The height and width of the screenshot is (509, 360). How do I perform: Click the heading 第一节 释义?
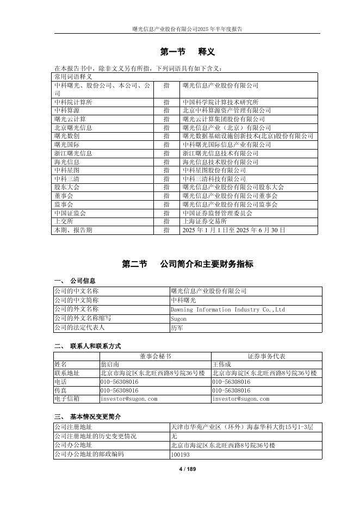[x=188, y=52]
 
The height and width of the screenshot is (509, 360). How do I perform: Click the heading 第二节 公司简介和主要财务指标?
[x=188, y=264]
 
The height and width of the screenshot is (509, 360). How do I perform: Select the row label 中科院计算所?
[x=73, y=102]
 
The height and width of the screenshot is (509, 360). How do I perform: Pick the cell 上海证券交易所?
[x=205, y=221]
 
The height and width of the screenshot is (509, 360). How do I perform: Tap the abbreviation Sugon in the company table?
[x=178, y=319]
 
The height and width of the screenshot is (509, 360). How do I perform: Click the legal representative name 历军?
[x=177, y=327]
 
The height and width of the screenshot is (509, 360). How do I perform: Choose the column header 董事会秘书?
[x=155, y=356]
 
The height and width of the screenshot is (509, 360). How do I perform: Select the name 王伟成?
[x=222, y=364]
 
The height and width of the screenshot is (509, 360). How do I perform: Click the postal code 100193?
[x=180, y=454]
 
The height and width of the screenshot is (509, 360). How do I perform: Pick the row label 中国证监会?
[x=70, y=213]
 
